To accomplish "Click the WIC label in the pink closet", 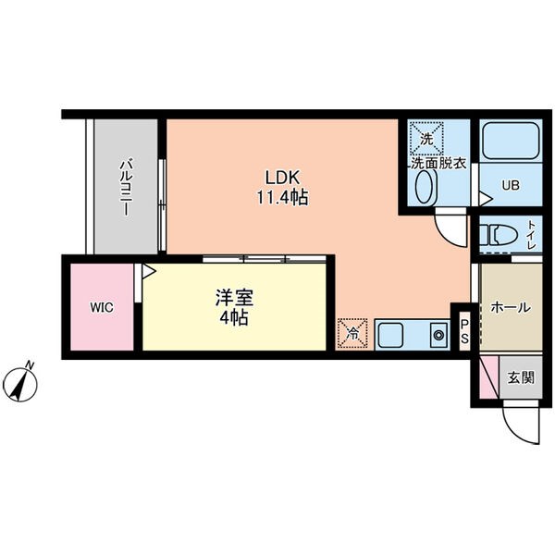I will tap(102, 307).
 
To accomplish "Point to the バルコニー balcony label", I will tap(123, 189).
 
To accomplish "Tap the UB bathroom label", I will tap(511, 185).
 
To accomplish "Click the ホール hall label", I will tap(510, 307).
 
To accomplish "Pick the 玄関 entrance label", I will tap(520, 377).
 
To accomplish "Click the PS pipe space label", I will tap(464, 331).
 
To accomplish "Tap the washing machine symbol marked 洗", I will tap(426, 138).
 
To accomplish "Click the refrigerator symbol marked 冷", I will tap(352, 333).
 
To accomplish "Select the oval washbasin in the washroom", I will tap(424, 190).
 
